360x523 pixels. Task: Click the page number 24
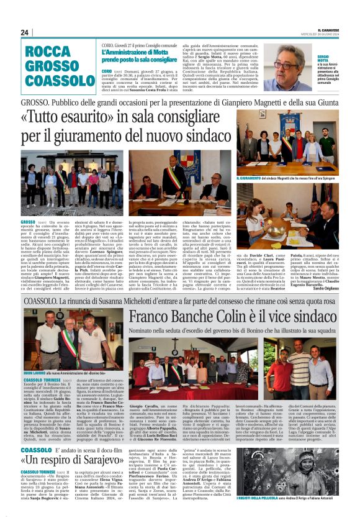[25, 32]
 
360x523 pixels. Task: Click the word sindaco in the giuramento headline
[199, 136]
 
